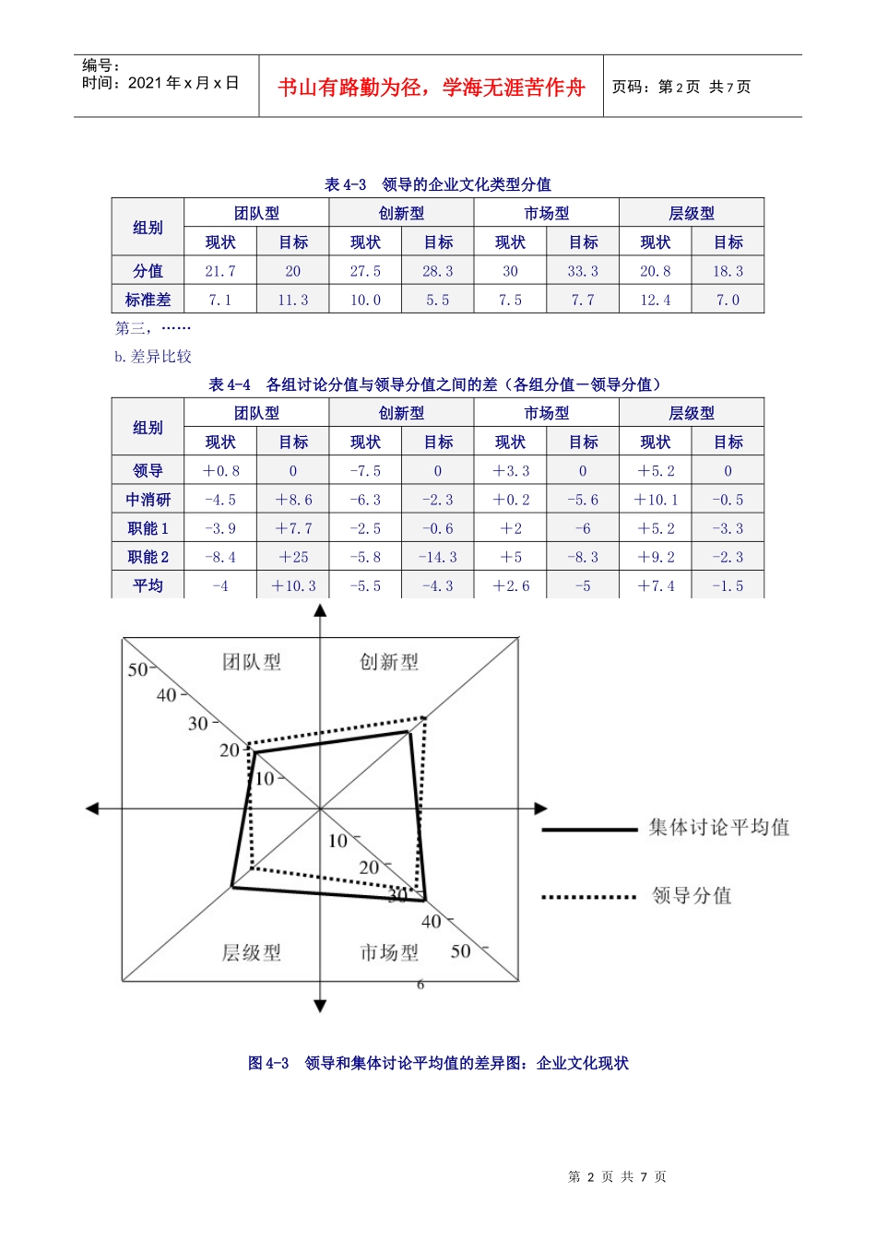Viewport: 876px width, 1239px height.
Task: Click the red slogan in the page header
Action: (432, 88)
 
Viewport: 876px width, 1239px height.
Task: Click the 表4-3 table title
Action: (438, 184)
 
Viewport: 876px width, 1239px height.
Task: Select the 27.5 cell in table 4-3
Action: (365, 271)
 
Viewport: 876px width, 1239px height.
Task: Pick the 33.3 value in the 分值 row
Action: (583, 271)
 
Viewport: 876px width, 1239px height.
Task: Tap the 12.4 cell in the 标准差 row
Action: (656, 300)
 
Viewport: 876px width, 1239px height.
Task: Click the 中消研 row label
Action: (148, 500)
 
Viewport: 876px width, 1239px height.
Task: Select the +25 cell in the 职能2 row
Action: (293, 557)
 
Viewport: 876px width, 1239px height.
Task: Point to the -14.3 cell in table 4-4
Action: (438, 557)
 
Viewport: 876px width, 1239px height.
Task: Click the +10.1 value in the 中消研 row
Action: (656, 500)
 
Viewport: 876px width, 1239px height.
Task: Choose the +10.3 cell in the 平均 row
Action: (293, 585)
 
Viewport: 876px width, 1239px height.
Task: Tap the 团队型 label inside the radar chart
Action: (252, 662)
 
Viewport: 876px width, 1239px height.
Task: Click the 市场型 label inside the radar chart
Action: (389, 952)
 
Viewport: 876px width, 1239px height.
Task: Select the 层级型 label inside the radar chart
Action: (252, 952)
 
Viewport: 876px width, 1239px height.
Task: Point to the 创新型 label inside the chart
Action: (389, 662)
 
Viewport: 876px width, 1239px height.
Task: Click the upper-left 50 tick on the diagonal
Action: (138, 669)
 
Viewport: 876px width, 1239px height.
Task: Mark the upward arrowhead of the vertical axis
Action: (320, 609)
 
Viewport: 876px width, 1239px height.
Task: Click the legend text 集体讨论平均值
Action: (719, 827)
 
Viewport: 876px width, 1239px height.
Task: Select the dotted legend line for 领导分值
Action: (588, 896)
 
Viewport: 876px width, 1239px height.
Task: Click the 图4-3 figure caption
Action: (438, 1063)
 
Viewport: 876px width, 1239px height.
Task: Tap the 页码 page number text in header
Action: (681, 88)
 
